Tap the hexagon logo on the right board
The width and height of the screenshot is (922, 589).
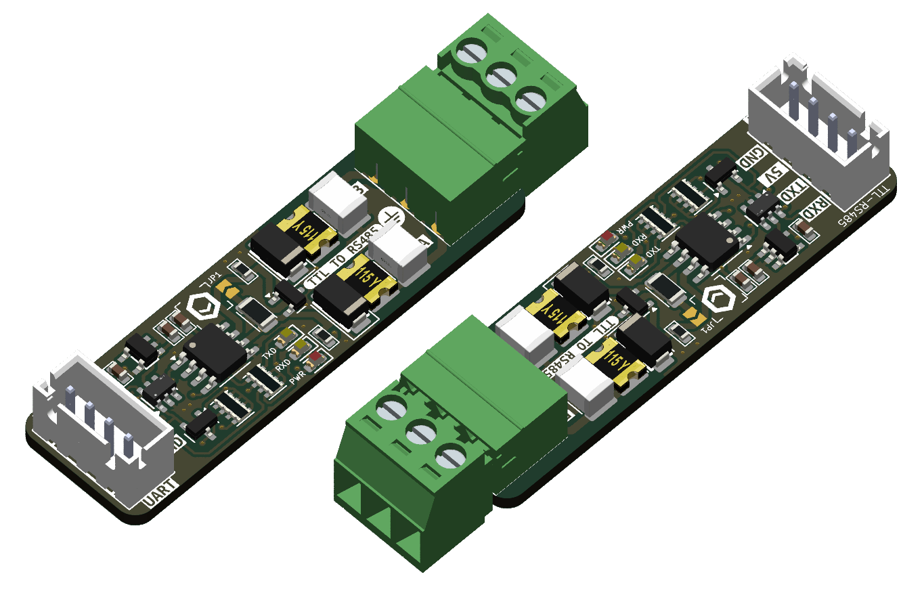pyautogui.click(x=719, y=299)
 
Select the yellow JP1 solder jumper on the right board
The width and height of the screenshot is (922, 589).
pyautogui.click(x=693, y=315)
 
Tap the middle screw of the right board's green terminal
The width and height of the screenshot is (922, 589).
pyautogui.click(x=420, y=433)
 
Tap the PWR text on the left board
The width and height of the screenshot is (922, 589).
pyautogui.click(x=298, y=378)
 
